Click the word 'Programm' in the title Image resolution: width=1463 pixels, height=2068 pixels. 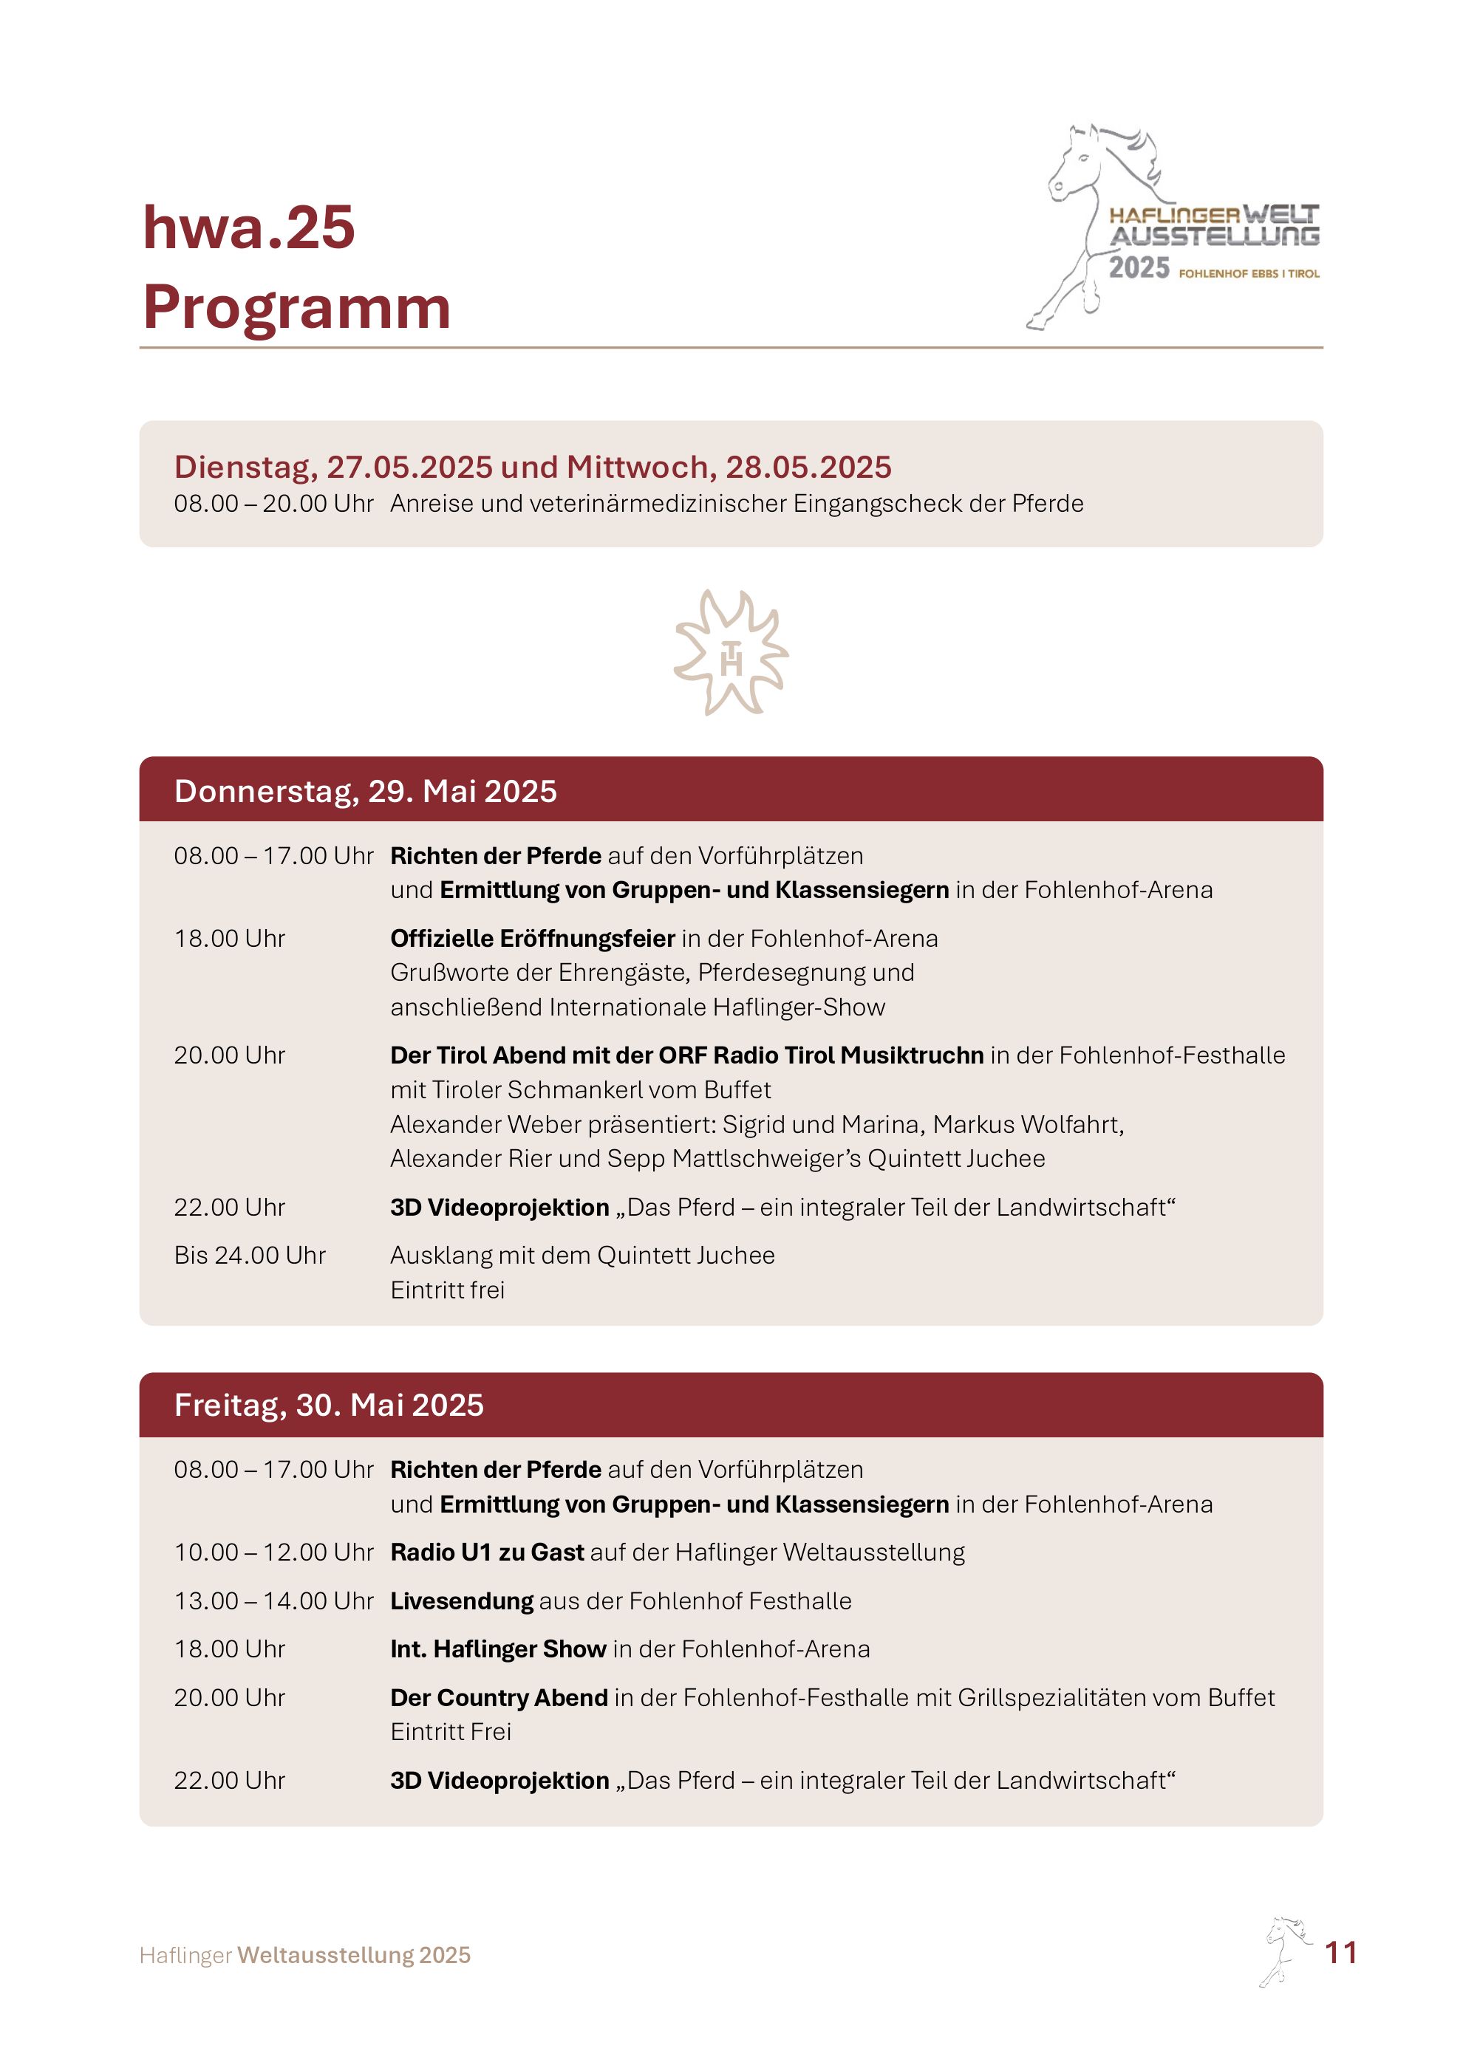coord(296,307)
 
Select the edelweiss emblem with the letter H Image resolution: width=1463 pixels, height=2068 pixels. coord(731,653)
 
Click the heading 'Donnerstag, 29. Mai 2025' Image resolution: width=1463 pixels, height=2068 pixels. coord(365,791)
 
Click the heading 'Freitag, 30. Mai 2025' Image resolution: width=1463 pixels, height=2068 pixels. coord(329,1405)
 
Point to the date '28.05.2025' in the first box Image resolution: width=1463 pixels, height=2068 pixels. coord(808,467)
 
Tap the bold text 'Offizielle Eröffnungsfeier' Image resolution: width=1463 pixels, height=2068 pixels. coord(533,939)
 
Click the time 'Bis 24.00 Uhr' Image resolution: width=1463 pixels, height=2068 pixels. coord(250,1256)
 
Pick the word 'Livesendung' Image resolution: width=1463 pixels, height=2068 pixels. coord(461,1600)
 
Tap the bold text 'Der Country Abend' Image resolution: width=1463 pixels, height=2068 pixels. coord(498,1698)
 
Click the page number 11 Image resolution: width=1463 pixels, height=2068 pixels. coord(1340,1952)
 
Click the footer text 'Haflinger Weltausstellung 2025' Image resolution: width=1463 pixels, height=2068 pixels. coord(304,1956)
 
